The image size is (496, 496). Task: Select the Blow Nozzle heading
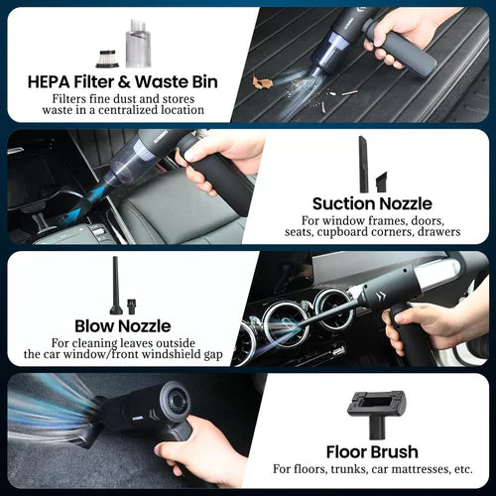[122, 325]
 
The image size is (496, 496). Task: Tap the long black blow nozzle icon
[118, 282]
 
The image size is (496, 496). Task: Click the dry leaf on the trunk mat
[263, 81]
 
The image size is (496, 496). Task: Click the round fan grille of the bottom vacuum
[179, 404]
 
